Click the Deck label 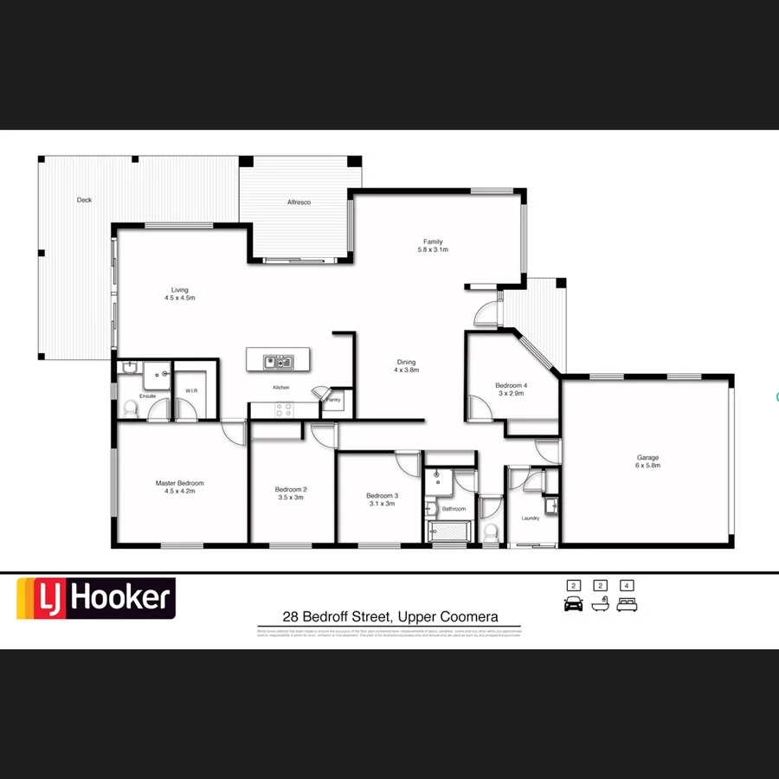[x=84, y=200]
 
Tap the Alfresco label [x=299, y=203]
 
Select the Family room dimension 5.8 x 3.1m [x=433, y=249]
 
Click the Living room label [x=179, y=290]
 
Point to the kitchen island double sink [x=280, y=362]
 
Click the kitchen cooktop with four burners [x=284, y=411]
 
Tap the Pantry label [x=333, y=400]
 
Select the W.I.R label [x=191, y=391]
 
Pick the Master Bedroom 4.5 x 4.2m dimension [x=180, y=491]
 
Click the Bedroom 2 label [x=291, y=489]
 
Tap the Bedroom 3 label [x=382, y=496]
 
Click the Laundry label [x=531, y=518]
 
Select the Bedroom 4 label [x=511, y=385]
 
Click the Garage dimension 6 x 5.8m [x=648, y=466]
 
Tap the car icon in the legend [x=573, y=604]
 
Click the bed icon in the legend [x=628, y=604]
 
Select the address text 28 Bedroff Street [x=338, y=617]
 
